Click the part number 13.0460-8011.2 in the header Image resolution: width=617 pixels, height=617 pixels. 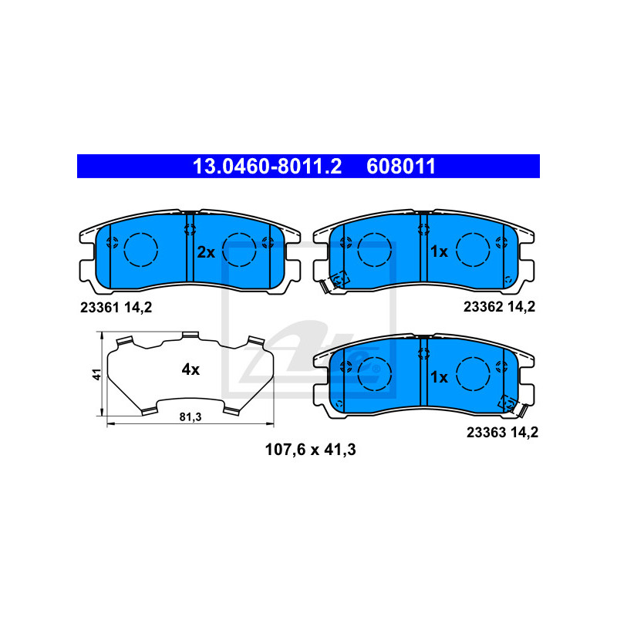266,166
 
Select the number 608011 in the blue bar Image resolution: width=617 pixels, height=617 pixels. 403,166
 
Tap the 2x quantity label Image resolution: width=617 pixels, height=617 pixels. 205,251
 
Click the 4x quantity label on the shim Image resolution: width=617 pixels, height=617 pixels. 190,369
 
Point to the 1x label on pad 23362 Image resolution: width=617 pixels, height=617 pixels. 439,251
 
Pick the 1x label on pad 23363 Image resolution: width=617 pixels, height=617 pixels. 439,377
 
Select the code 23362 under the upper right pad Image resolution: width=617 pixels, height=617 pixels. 483,306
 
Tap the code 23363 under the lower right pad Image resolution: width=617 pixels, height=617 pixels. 484,432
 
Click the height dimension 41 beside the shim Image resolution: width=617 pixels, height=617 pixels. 96,375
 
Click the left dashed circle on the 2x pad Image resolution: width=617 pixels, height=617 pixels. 140,248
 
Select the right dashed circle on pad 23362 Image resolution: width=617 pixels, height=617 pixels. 472,248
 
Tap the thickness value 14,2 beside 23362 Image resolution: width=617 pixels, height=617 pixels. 521,306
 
